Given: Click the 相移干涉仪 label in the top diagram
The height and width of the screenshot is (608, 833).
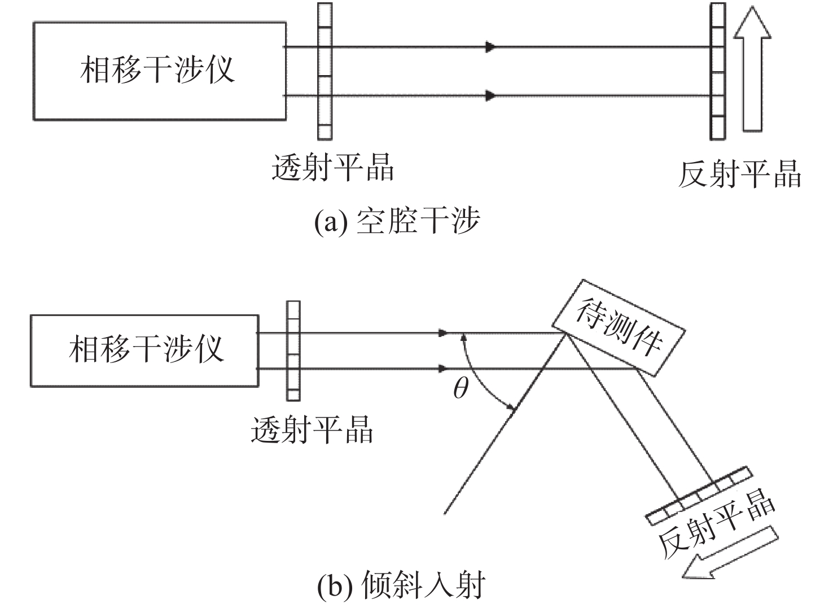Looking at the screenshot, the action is click(157, 69).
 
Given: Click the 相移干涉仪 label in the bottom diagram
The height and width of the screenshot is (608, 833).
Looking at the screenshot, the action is click(146, 349).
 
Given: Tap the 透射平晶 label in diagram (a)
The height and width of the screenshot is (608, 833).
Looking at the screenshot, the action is click(332, 167).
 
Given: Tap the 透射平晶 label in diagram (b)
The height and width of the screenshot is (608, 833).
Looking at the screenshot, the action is click(312, 430).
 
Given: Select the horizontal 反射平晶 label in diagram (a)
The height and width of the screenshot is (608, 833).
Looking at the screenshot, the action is click(740, 174).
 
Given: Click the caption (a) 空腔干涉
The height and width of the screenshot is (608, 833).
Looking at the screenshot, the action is click(397, 221).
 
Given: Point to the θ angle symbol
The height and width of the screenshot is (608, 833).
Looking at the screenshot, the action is click(461, 388).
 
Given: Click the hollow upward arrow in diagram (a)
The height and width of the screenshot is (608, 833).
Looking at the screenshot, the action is click(752, 69).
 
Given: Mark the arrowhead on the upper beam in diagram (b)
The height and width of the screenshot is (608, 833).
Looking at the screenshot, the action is click(443, 333).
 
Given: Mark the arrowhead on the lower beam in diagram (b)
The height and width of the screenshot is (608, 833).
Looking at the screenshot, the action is click(443, 369).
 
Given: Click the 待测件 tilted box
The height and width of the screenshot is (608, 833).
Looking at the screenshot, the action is click(618, 328).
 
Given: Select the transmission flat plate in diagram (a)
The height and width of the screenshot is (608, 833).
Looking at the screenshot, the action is click(325, 72).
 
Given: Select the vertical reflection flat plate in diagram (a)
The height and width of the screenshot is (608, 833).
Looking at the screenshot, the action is click(718, 72).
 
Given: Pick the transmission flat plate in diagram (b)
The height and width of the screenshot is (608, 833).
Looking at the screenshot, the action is click(293, 351).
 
